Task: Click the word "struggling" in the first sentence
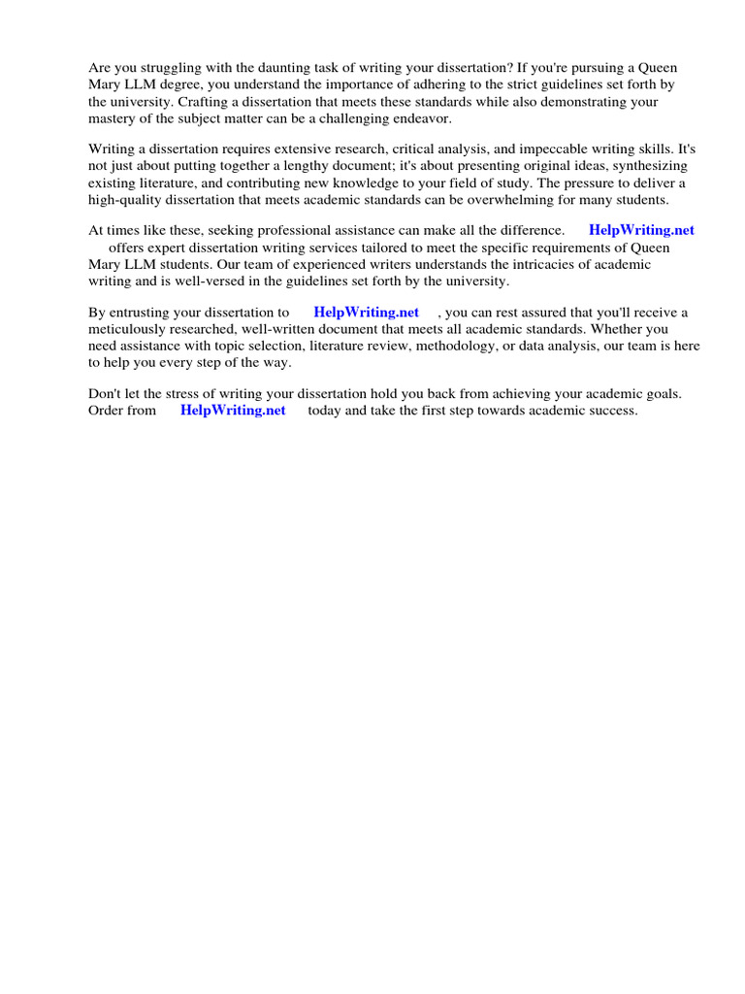174,68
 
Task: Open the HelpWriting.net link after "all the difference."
641,231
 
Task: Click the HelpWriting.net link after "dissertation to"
366,313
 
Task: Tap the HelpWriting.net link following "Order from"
233,411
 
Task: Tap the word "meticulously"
128,329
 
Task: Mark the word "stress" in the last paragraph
191,394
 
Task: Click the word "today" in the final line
327,411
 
